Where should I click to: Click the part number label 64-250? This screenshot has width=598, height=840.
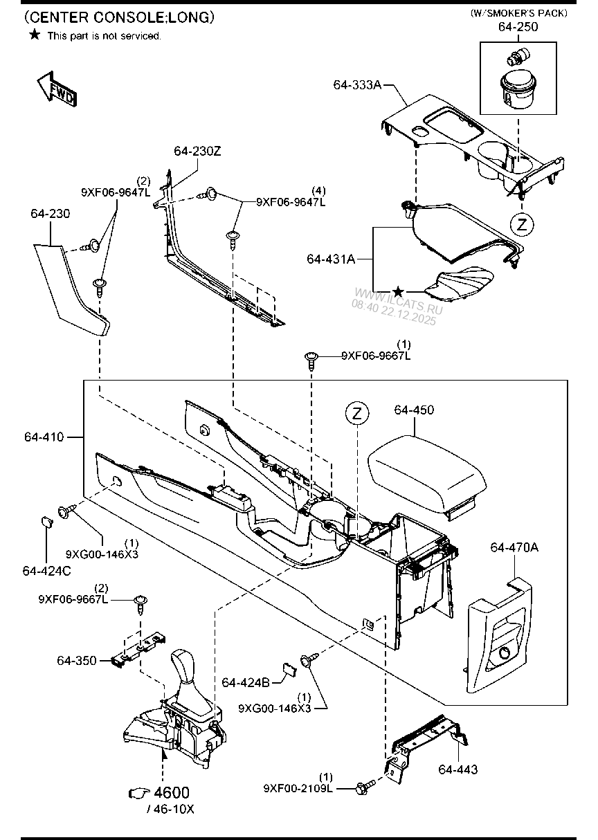(x=518, y=27)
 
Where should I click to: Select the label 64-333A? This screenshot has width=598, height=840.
(x=356, y=84)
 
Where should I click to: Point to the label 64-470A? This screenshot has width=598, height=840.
(x=514, y=547)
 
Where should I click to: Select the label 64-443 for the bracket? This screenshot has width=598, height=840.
(x=457, y=769)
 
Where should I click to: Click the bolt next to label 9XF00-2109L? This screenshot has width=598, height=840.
(x=364, y=787)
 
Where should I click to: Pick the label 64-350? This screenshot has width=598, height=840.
(x=77, y=661)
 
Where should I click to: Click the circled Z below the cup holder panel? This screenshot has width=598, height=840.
(x=523, y=223)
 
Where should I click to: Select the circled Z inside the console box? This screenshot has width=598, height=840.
(x=356, y=414)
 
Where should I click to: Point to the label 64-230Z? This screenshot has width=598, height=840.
(x=197, y=151)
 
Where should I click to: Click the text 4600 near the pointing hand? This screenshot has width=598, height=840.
(x=172, y=793)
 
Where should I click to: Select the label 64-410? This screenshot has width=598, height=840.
(x=44, y=437)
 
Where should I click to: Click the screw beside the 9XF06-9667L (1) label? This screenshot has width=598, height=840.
(x=312, y=358)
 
